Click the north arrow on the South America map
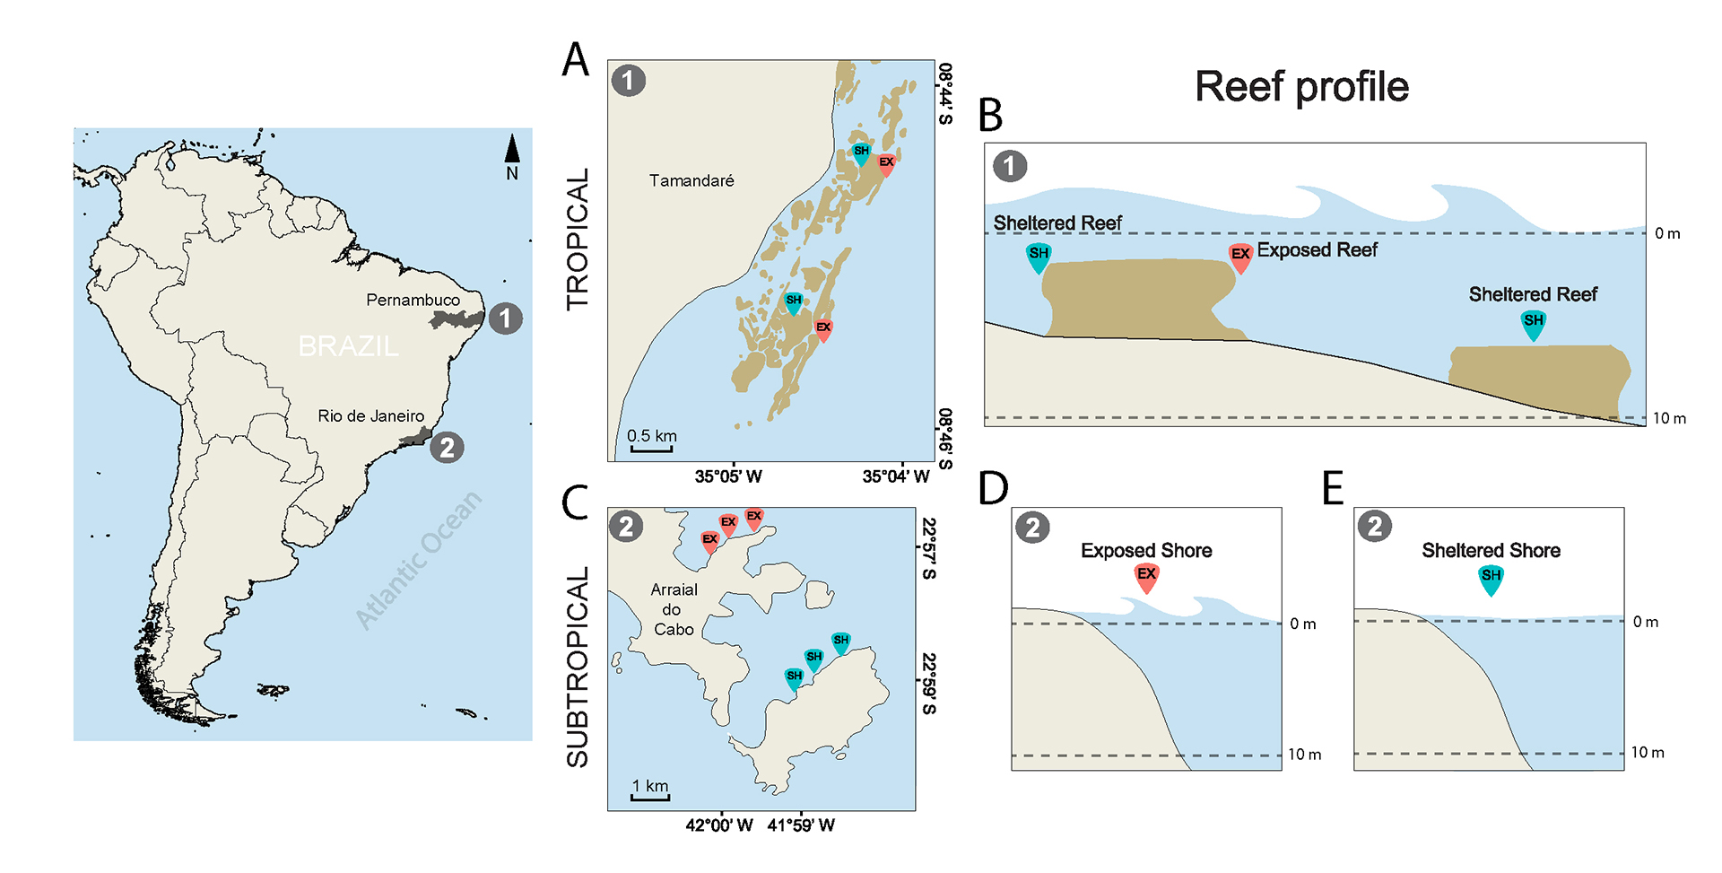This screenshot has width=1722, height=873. point(511,152)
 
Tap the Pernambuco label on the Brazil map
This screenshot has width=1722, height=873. point(413,300)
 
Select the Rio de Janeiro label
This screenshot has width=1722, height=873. point(370,415)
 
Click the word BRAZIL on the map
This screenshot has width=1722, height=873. point(348,345)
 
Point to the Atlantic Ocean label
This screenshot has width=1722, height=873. point(418,561)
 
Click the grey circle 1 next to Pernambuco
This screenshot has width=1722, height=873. point(506,318)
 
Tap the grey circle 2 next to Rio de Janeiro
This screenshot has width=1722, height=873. point(447,446)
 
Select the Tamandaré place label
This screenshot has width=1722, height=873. point(691,180)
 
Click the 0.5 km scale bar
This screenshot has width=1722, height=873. point(651,447)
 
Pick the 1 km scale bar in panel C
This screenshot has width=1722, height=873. point(649,796)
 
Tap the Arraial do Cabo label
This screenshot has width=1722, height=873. point(674,609)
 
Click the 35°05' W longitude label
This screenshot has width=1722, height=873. point(728,476)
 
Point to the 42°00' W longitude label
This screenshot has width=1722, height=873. point(718,825)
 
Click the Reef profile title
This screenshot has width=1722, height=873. point(1301,87)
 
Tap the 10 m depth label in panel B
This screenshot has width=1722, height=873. point(1669,418)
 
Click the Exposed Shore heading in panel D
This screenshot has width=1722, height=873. point(1146,550)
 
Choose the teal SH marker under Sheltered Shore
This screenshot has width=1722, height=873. point(1491,579)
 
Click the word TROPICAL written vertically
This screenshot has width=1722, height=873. point(578,240)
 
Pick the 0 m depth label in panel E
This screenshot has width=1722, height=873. point(1645,622)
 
